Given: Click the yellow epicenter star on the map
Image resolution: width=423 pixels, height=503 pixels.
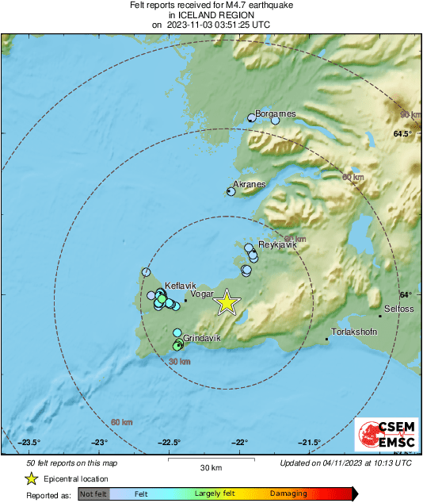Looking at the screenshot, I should tap(227, 302).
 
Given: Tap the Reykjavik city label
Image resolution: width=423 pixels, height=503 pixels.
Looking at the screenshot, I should tap(277, 245).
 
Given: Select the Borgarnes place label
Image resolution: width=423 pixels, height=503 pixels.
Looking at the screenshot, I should tap(275, 113).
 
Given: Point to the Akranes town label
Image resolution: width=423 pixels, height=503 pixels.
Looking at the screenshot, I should tap(249, 184).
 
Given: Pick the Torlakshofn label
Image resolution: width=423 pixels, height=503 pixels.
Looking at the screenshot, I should tap(353, 332).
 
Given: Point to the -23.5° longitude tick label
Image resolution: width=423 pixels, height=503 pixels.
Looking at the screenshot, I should tap(30, 443).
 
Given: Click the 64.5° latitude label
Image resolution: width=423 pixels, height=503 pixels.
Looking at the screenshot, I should tap(403, 134).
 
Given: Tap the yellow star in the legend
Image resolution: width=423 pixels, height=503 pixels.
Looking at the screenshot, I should tap(31, 478).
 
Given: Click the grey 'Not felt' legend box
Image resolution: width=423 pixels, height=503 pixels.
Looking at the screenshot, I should tap(93, 493).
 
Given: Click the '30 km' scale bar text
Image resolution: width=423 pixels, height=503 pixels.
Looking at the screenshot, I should tap(211, 467).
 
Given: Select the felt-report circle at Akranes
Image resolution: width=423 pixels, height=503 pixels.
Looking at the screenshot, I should tap(232, 190).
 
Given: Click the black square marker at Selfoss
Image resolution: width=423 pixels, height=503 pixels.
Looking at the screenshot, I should tap(380, 316).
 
